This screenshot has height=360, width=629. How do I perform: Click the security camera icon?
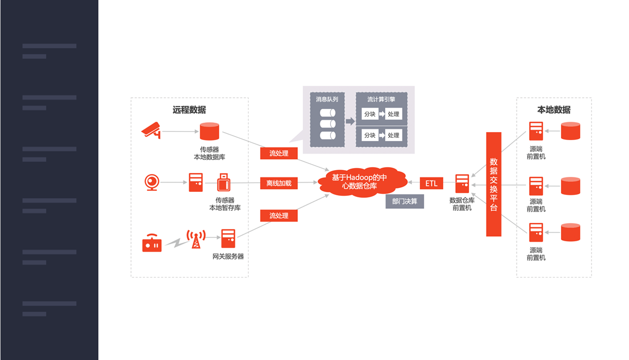pos(151,130)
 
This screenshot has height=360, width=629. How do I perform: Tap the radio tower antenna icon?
pos(196,239)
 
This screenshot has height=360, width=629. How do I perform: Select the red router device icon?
pos(152,244)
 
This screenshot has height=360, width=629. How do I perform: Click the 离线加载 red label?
pos(279,183)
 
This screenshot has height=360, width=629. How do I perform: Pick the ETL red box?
pos(432,183)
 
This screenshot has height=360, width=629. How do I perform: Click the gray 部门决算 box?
pos(405,201)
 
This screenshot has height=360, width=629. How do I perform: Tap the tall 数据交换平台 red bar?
pos(493,184)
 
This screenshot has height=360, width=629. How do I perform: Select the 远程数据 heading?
pos(189,109)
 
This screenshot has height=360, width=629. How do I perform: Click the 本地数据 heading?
pos(554,109)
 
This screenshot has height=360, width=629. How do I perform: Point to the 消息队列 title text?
pos(327,99)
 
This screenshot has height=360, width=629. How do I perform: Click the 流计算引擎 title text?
pos(381,99)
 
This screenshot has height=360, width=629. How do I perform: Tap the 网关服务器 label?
pos(228,257)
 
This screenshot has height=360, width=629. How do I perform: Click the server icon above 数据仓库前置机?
pos(462,183)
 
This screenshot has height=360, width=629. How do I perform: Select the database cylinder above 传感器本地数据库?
pos(209,132)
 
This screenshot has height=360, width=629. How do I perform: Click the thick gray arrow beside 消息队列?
pos(350,122)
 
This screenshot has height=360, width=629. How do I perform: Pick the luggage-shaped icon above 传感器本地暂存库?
pos(224,182)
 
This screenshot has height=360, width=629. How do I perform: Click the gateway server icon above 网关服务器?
pos(228,238)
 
